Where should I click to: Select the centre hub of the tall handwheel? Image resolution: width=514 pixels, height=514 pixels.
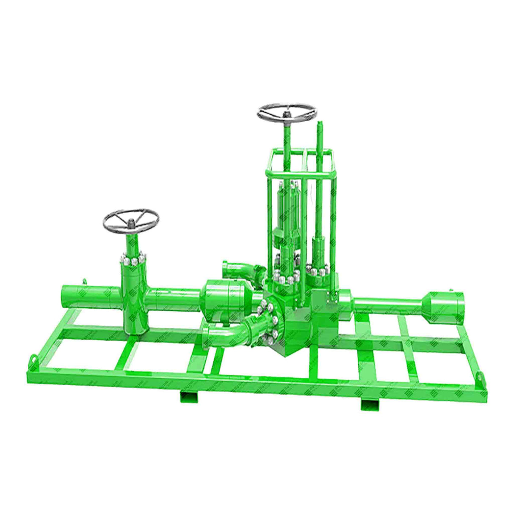(287, 113)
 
